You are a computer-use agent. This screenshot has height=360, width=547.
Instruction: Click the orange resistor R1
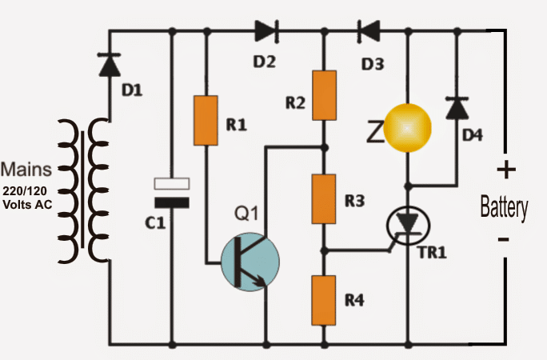pos(206,120)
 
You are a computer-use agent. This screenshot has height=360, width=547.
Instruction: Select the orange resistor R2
pos(325,95)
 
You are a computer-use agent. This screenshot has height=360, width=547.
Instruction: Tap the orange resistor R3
pos(324,199)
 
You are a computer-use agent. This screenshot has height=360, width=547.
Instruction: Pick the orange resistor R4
pos(324,300)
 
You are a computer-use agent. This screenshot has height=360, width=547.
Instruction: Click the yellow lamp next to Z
pos(408,128)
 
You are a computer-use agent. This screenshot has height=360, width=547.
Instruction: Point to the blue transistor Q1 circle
pos(250,262)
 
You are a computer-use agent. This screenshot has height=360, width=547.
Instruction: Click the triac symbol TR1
pos(408,226)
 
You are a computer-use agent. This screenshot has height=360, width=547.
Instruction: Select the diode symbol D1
pos(110,65)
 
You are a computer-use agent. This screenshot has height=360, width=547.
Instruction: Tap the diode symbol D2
pos(267,31)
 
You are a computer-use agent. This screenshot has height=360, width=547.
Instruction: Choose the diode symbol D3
pos(369,31)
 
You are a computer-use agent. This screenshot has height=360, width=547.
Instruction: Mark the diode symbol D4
pos(457,108)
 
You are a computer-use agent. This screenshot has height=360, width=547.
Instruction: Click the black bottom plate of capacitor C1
pos(172,202)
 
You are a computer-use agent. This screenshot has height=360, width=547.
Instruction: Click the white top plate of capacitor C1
pos(172,183)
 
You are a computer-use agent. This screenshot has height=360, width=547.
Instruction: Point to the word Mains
pos(26,169)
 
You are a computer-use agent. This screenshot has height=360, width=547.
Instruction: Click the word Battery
pos(504,207)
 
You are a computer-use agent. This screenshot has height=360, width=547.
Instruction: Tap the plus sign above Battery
pos(506,170)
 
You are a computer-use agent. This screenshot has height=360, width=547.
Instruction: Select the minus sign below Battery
pos(503,239)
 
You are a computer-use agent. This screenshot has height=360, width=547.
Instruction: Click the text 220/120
pos(25,191)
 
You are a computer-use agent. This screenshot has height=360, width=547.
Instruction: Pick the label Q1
pos(246,213)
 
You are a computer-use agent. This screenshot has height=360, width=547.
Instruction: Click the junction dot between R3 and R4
pos(324,250)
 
